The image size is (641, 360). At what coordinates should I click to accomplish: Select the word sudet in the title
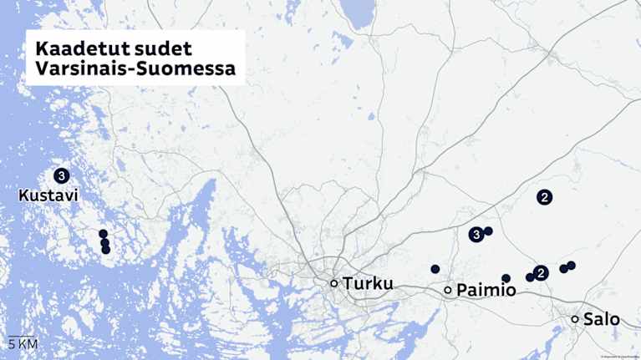[x=167, y=48]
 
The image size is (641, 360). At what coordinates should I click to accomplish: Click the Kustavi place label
[x=48, y=195]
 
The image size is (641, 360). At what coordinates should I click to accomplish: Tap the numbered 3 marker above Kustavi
[x=61, y=176]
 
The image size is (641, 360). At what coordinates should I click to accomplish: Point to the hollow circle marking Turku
[x=334, y=283]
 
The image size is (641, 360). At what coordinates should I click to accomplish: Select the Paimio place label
[x=486, y=290]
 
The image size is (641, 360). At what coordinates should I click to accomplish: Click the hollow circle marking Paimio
[x=448, y=290]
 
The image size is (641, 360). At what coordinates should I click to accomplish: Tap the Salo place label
[x=602, y=319]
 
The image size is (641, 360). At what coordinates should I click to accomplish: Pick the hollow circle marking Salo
[x=575, y=319]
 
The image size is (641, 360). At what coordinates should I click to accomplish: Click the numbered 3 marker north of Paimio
[x=476, y=235]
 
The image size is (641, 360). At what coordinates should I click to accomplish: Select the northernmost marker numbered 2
[x=544, y=197]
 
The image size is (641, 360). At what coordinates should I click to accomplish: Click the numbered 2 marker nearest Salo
[x=541, y=272]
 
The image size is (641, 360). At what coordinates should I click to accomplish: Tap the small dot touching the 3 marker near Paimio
[x=489, y=231]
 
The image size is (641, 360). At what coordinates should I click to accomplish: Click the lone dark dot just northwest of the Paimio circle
[x=435, y=269]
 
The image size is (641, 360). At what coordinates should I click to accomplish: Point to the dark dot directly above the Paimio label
[x=506, y=278]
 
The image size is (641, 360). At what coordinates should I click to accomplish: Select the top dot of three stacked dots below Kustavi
[x=103, y=234]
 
